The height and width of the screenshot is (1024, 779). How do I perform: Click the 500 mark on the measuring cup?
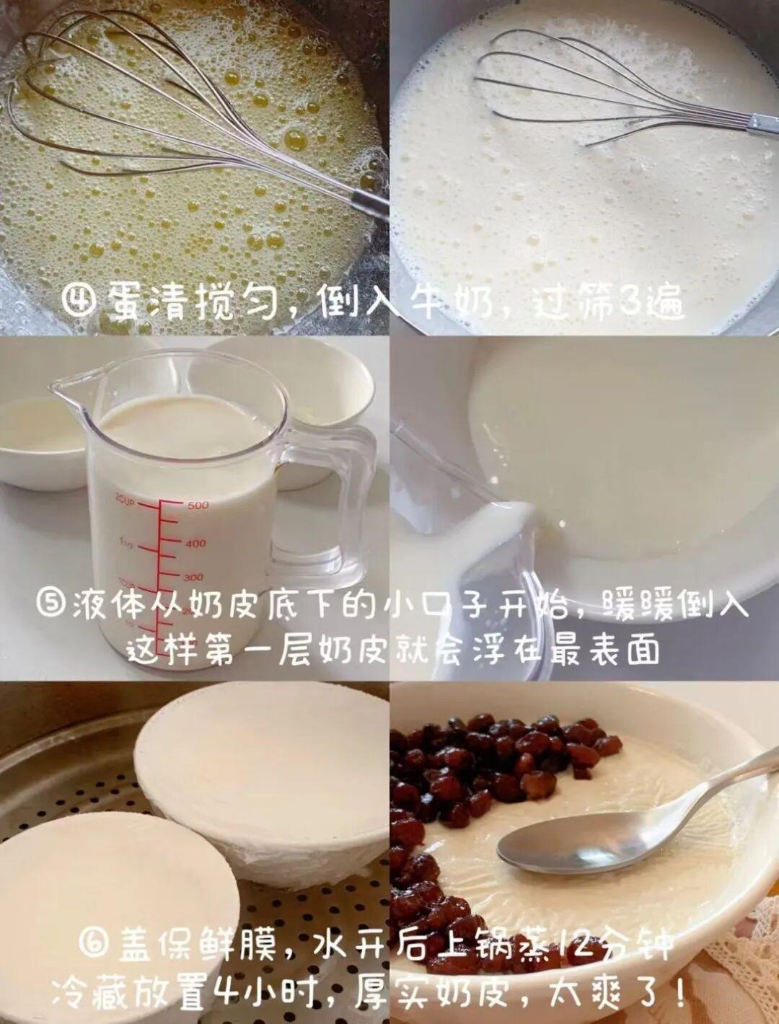pyautogui.click(x=198, y=506)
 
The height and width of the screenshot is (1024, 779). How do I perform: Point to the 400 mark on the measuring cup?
pyautogui.click(x=196, y=544)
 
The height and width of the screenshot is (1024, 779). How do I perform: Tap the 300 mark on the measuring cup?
pyautogui.click(x=193, y=578)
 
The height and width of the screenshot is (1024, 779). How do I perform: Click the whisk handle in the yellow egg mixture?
pyautogui.click(x=369, y=204)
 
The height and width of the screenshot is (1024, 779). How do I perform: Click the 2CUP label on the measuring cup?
pyautogui.click(x=125, y=501)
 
